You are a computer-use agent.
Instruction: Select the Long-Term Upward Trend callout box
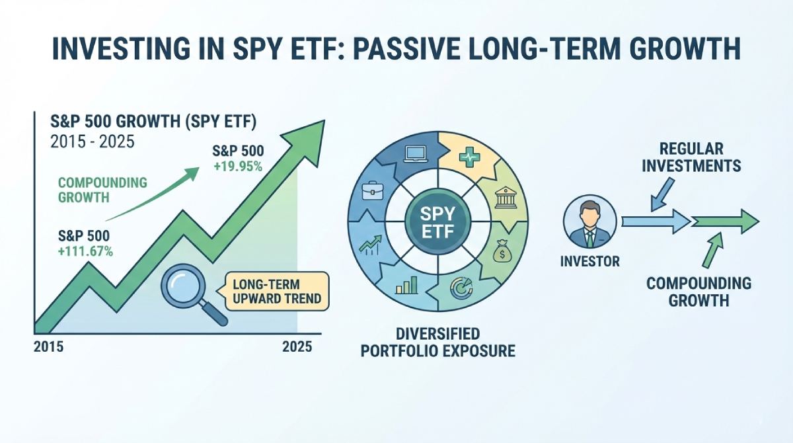point(277,292)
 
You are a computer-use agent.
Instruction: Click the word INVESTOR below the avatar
point(590,262)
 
